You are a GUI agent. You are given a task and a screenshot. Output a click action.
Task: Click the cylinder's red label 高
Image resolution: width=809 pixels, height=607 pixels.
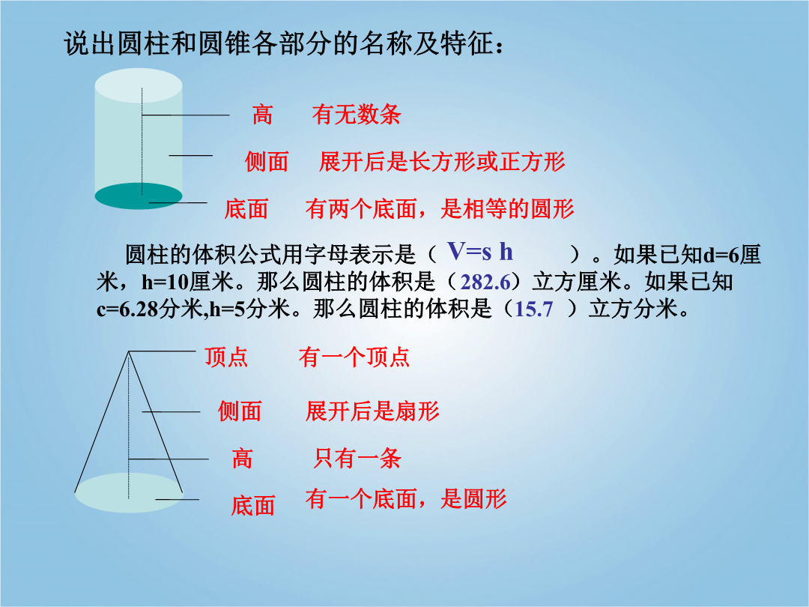click(262, 114)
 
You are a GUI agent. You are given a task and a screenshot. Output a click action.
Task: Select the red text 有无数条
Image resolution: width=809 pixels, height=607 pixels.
click(356, 114)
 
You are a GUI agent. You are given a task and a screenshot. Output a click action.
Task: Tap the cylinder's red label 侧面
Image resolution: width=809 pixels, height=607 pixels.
click(266, 162)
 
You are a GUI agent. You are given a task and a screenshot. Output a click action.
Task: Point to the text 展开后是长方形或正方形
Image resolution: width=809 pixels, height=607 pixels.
click(442, 162)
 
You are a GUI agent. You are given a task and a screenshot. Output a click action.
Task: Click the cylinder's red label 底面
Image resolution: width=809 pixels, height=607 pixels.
click(246, 209)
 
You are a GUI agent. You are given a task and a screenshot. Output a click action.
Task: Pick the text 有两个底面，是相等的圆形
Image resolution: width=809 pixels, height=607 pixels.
click(440, 209)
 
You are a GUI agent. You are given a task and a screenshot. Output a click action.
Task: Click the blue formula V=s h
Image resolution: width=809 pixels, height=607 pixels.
click(480, 252)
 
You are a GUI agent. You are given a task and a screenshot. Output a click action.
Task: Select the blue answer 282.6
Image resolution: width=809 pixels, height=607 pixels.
click(485, 283)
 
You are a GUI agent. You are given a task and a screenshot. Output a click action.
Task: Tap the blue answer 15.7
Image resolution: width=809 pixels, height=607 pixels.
click(533, 309)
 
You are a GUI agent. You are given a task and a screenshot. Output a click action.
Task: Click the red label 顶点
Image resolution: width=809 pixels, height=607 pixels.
click(226, 357)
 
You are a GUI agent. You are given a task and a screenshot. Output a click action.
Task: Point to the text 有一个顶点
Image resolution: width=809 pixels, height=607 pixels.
click(354, 357)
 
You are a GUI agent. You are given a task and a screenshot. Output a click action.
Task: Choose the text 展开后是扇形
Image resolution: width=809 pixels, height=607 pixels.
click(372, 411)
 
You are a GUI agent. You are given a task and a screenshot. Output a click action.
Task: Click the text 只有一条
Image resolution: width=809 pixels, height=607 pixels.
click(357, 458)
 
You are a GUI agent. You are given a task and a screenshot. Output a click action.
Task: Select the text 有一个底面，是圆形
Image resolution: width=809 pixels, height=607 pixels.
click(405, 498)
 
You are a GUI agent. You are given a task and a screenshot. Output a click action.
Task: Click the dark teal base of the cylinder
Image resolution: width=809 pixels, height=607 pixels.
click(139, 196)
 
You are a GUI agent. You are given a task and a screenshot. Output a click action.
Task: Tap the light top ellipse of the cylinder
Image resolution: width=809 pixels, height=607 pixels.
click(139, 85)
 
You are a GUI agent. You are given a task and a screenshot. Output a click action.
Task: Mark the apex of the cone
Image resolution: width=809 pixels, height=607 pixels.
click(129, 351)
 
